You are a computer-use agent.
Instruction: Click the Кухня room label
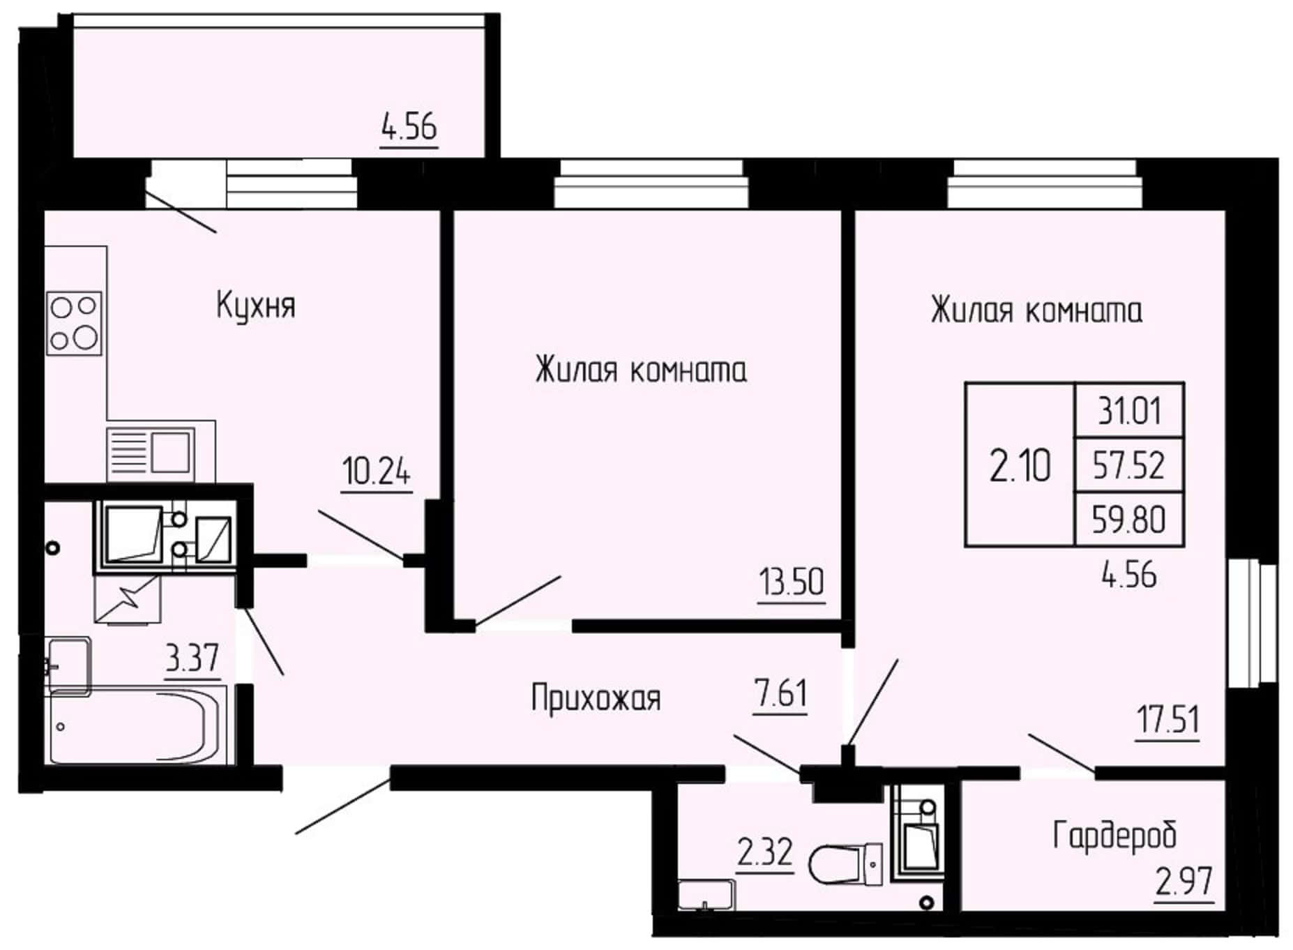[256, 306]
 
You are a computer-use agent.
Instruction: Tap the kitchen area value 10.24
[377, 471]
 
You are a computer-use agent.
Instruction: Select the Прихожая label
[596, 698]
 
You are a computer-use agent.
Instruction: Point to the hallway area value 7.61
[780, 693]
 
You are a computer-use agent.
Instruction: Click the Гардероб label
[1114, 835]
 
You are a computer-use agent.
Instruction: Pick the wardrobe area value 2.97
[1184, 882]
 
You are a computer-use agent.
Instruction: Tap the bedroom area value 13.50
[792, 581]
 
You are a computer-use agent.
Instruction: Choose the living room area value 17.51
[1168, 719]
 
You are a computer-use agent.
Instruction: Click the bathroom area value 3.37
[192, 658]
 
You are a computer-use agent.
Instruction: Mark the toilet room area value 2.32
[765, 852]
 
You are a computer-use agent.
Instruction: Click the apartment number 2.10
[1020, 465]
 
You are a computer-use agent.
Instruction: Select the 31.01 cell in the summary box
[1130, 411]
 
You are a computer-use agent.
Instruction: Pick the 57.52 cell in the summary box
[1128, 465]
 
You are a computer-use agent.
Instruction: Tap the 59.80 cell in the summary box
[1128, 520]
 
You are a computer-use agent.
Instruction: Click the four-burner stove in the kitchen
[74, 322]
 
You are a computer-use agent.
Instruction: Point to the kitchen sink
[151, 451]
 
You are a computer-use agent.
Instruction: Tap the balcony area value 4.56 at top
[409, 128]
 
